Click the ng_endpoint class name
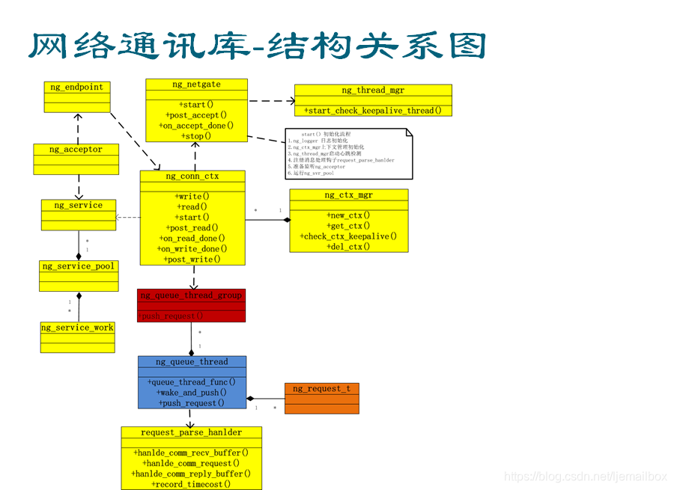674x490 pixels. point(77,87)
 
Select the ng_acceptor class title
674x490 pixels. point(76,150)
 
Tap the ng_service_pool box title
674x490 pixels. point(79,266)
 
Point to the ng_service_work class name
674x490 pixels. point(77,328)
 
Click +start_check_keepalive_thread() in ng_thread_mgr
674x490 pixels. point(373,111)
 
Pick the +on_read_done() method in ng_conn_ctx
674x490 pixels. point(192,239)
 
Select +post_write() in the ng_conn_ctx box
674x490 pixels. point(192,260)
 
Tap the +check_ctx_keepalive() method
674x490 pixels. point(349,236)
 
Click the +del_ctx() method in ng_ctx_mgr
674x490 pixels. point(349,247)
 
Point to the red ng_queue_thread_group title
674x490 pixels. point(191,295)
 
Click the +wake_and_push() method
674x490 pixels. point(192,393)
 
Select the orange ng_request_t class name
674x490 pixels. point(321,389)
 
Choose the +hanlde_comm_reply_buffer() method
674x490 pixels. point(192,474)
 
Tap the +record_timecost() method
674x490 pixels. point(192,484)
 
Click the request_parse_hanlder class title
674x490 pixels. point(192,432)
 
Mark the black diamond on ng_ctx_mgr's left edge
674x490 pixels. point(286,220)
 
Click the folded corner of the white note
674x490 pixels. point(409,132)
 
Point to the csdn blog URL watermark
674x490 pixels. point(585,477)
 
